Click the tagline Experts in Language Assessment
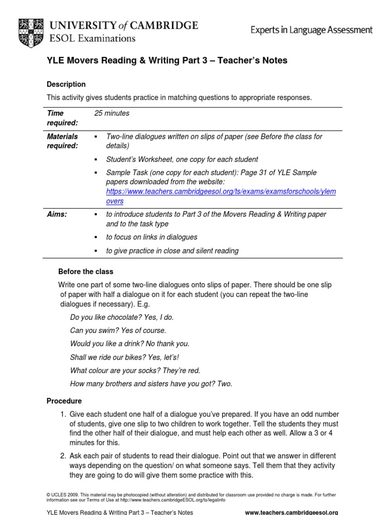312,30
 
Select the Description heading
66,84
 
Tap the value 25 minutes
112,113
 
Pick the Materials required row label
62,141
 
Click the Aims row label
57,214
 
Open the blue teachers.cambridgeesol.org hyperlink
221,196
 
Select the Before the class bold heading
86,272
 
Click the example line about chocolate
122,318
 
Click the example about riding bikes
124,357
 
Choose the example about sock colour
135,370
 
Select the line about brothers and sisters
151,384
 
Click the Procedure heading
64,401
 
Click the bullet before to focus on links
95,237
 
